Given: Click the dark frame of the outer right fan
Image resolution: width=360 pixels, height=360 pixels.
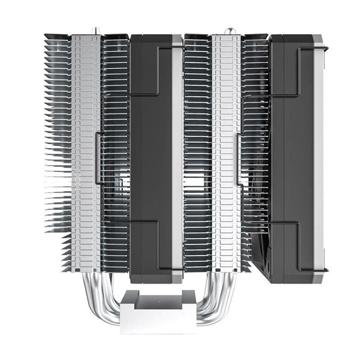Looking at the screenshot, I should (292, 155).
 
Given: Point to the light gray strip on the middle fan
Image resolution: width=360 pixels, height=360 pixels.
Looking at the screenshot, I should (177, 155).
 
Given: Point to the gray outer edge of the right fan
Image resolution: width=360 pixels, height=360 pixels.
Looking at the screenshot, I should (318, 155).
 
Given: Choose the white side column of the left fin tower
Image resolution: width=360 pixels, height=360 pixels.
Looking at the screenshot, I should (85, 155).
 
